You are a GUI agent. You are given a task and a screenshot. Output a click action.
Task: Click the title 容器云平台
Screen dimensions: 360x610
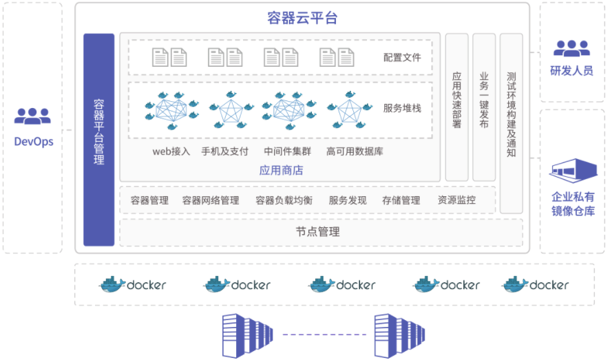302,18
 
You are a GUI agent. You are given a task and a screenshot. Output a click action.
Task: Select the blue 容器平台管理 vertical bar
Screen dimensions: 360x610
98,139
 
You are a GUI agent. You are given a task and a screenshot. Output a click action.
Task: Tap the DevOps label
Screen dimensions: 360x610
34,142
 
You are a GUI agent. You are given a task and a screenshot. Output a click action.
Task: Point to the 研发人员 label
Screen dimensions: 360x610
571,71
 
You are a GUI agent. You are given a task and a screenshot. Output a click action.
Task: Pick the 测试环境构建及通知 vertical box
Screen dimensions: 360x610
511,123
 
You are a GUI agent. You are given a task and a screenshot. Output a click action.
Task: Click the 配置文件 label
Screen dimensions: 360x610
402,57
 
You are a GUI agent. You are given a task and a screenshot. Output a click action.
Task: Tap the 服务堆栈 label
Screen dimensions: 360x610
402,108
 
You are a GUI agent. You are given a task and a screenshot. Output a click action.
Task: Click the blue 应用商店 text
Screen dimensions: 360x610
281,169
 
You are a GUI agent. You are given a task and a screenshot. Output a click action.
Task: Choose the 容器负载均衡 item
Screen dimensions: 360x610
284,200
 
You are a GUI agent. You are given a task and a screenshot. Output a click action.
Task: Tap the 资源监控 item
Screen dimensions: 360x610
456,200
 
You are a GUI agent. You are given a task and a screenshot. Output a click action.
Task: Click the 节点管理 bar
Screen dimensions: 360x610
320,232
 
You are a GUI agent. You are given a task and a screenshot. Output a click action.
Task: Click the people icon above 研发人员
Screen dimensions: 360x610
571,47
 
